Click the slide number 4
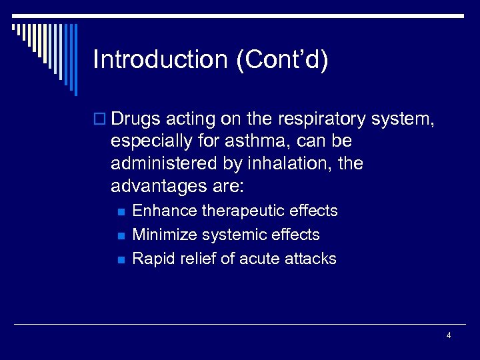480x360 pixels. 449,335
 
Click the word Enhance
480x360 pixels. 165,211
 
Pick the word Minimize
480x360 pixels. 165,235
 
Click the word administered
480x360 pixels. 165,163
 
